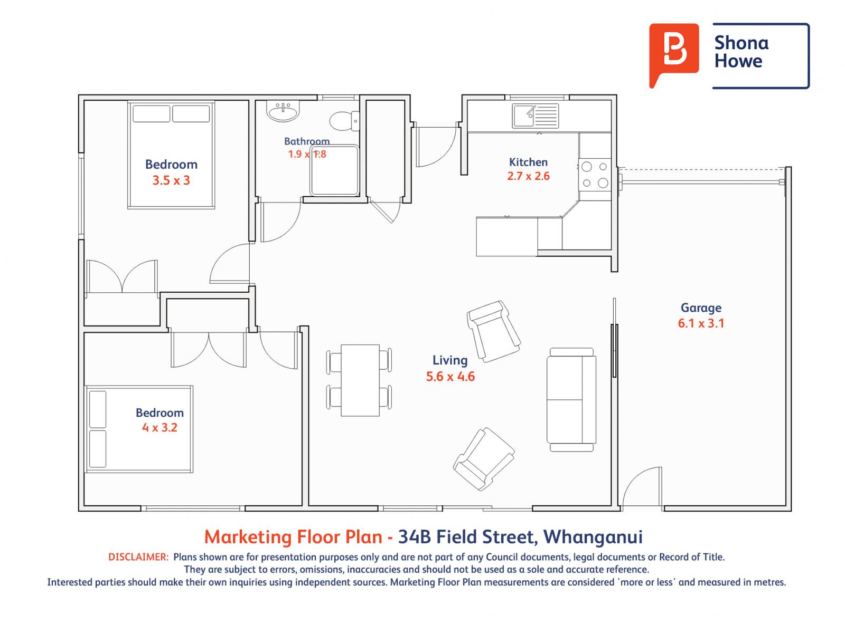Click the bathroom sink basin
284,111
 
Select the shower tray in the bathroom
334,170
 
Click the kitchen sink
535,116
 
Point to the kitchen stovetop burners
595,175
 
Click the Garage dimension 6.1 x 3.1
701,323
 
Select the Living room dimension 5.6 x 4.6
450,377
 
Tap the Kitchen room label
528,162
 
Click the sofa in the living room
571,399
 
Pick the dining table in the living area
360,380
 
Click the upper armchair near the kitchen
493,331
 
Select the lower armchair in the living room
483,458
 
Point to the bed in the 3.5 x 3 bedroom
171,156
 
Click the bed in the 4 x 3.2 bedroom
139,429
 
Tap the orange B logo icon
673,53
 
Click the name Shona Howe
741,52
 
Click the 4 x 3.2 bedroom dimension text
159,428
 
